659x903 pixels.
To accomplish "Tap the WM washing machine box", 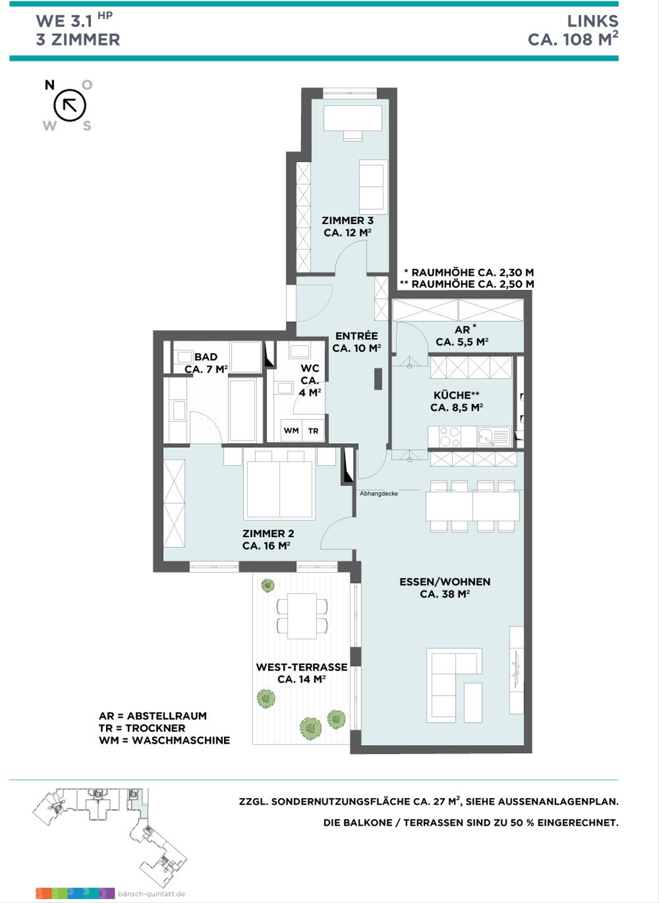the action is [291, 430].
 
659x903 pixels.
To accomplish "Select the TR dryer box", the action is [313, 431].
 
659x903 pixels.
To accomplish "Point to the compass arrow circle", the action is [70, 105].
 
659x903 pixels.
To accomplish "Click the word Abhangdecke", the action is [378, 493].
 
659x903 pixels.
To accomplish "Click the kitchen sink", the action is [494, 437].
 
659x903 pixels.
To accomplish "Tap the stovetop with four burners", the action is [450, 437].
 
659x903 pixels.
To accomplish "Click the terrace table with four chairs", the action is [302, 616].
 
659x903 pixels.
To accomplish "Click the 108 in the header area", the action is [578, 40].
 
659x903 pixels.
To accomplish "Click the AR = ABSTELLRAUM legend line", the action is [153, 716].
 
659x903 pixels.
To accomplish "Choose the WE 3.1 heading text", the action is [64, 21].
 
